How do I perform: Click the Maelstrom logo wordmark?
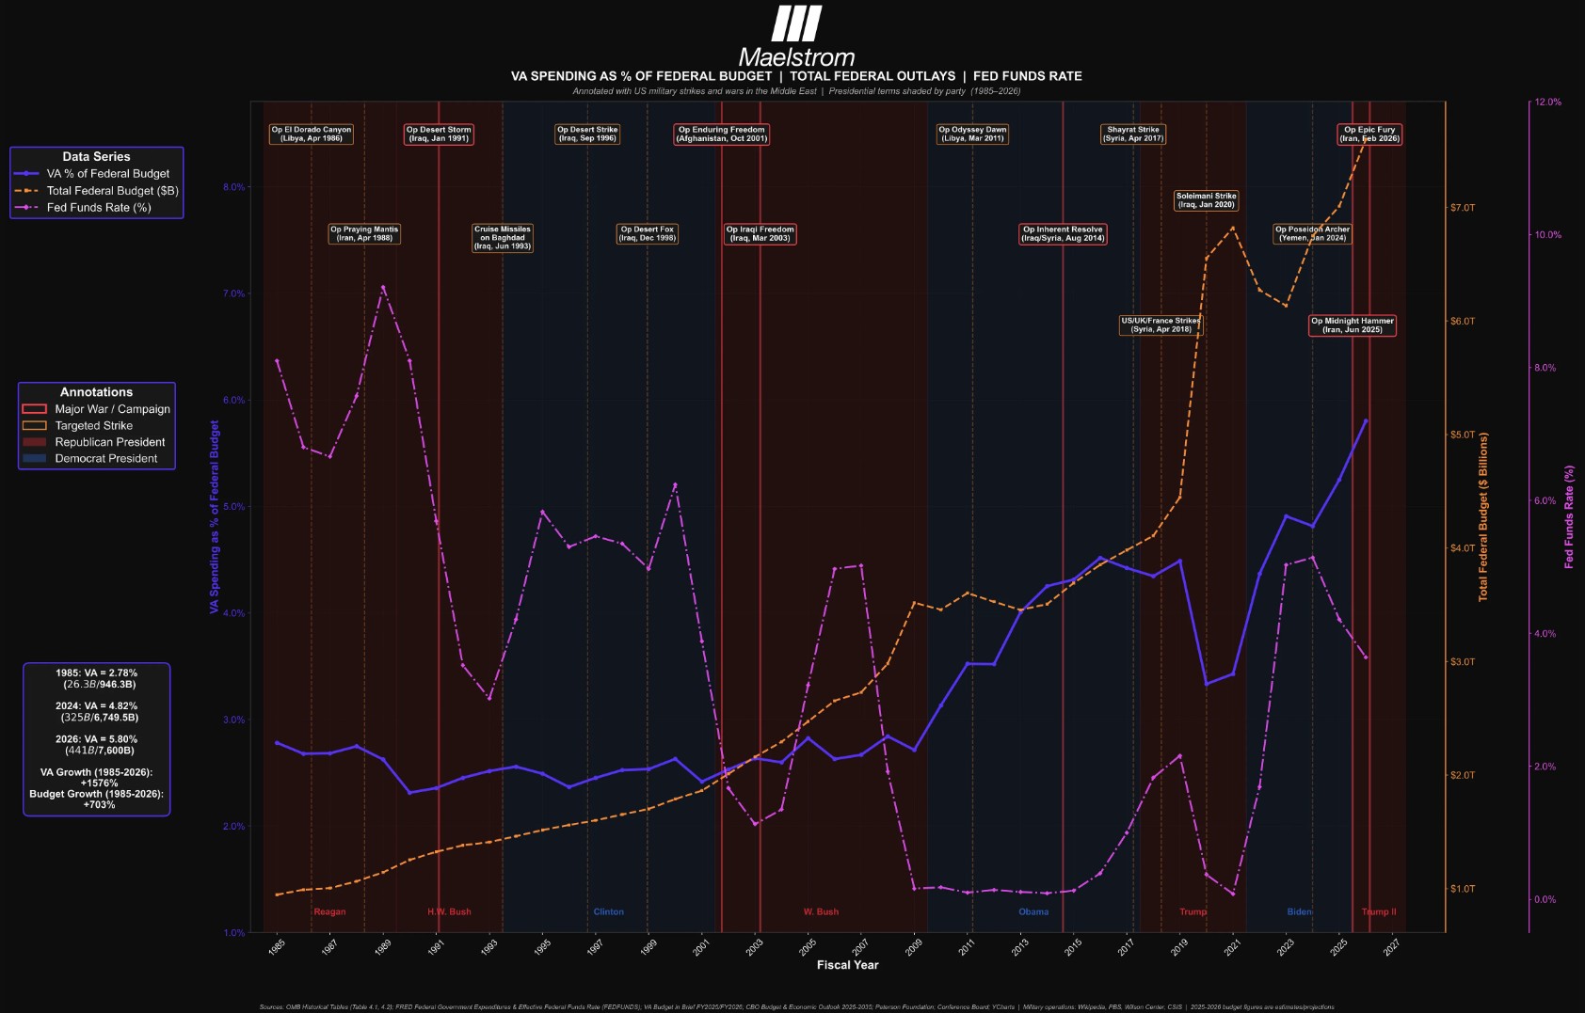796,56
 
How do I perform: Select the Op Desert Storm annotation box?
439,135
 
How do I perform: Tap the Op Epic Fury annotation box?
1369,135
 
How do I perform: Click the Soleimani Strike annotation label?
1206,200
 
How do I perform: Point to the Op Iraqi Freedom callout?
760,234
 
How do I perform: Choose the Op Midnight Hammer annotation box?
1352,325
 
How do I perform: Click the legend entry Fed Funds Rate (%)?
98,208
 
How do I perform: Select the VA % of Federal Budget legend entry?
107,174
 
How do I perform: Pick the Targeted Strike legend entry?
93,426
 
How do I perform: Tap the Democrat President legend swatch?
34,459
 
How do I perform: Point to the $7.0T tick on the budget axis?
1463,208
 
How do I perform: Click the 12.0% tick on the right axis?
1547,103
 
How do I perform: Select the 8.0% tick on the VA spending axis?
233,187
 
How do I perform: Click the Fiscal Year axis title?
847,965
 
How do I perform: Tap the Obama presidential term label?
1033,912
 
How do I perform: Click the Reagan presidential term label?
329,912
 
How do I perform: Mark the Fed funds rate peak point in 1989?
383,288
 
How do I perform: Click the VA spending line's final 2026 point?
1366,421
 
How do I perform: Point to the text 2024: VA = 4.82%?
96,706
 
